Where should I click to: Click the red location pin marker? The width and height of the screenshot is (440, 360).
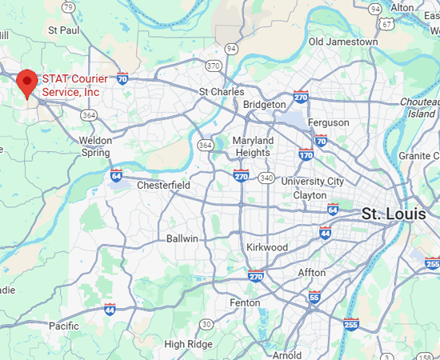click(27, 82)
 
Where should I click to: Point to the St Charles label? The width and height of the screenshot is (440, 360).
click(222, 92)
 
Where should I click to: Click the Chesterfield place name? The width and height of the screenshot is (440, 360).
click(164, 186)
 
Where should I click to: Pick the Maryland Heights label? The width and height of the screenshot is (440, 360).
click(253, 146)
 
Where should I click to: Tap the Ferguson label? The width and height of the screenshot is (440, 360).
click(328, 122)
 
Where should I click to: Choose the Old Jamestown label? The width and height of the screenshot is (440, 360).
click(343, 41)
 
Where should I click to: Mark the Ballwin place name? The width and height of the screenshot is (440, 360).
click(182, 238)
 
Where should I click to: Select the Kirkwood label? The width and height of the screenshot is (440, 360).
click(267, 247)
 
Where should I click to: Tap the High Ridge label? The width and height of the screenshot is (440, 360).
click(186, 344)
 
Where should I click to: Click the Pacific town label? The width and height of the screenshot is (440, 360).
click(64, 326)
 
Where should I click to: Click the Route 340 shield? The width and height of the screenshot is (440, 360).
click(266, 177)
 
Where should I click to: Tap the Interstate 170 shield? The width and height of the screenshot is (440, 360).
click(306, 154)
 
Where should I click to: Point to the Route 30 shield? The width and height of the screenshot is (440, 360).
click(206, 323)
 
